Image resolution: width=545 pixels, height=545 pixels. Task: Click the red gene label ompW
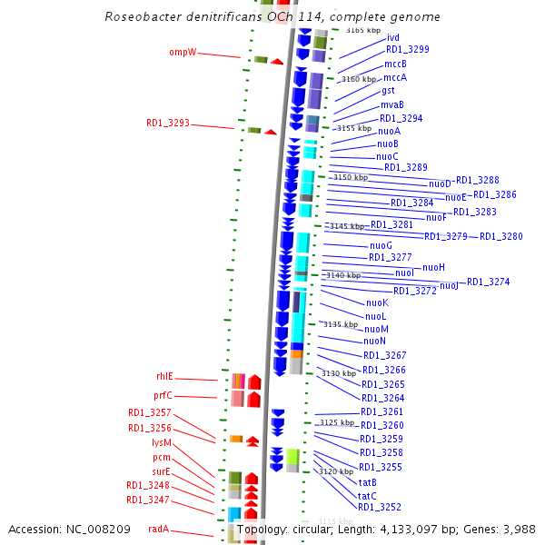tap(183, 52)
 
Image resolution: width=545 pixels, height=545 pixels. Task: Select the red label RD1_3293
tap(168, 123)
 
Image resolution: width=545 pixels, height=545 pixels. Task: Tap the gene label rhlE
tap(164, 376)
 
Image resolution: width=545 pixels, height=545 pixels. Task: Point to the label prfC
tap(163, 395)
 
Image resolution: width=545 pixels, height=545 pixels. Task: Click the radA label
tap(159, 529)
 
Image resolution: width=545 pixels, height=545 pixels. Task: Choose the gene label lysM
tap(162, 442)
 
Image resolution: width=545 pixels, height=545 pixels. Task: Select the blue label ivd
tap(393, 37)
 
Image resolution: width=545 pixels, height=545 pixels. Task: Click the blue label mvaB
tap(392, 105)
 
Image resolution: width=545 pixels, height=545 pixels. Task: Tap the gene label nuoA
tap(389, 131)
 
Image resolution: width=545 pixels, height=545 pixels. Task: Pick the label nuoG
tap(381, 245)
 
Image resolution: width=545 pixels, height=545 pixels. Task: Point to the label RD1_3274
tap(489, 282)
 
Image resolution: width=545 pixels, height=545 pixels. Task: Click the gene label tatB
tap(367, 482)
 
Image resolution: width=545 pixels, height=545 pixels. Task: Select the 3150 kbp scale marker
tap(351, 177)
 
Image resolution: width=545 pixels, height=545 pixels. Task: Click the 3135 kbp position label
tap(341, 324)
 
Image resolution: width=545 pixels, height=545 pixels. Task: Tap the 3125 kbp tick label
tap(335, 422)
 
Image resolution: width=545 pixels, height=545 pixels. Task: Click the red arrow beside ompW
tap(276, 61)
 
